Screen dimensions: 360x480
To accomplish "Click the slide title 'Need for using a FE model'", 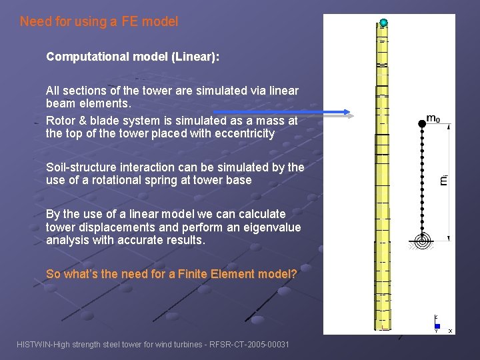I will coord(99,21).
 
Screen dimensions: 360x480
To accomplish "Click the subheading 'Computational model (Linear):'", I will coord(133,57).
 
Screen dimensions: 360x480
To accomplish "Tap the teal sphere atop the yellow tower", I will coord(383,23).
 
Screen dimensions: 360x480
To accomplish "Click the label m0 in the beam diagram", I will coord(433,119).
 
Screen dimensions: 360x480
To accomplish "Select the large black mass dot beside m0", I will coord(421,122).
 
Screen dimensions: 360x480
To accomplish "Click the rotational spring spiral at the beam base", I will coord(421,241).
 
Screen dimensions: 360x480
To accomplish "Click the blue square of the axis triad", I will coord(437,326).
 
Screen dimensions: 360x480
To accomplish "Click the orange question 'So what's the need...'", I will coord(171,274).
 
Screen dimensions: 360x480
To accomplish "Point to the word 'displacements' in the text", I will coord(109,227).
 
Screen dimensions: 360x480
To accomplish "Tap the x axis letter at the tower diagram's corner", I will coord(450,331).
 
